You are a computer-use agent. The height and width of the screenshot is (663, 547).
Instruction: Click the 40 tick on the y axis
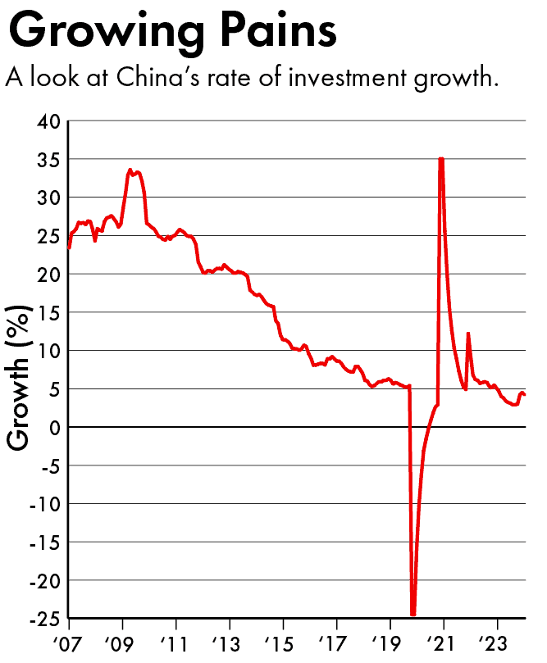click(x=48, y=121)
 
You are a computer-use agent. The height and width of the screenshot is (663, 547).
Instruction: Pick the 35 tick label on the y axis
click(x=48, y=159)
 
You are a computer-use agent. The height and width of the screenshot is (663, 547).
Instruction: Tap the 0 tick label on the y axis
click(x=54, y=427)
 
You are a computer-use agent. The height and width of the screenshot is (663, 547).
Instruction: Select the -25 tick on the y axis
click(x=43, y=618)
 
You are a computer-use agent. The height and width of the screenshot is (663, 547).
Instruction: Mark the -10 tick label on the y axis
click(x=43, y=503)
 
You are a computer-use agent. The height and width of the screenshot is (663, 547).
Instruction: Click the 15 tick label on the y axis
click(x=48, y=312)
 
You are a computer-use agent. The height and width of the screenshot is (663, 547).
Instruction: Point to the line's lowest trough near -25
click(x=413, y=614)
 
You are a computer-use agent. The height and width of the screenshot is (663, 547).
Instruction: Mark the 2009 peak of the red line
click(x=130, y=170)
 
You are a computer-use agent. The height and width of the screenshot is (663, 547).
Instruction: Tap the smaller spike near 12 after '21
click(x=468, y=334)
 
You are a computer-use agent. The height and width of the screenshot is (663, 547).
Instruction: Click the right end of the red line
click(x=525, y=395)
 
